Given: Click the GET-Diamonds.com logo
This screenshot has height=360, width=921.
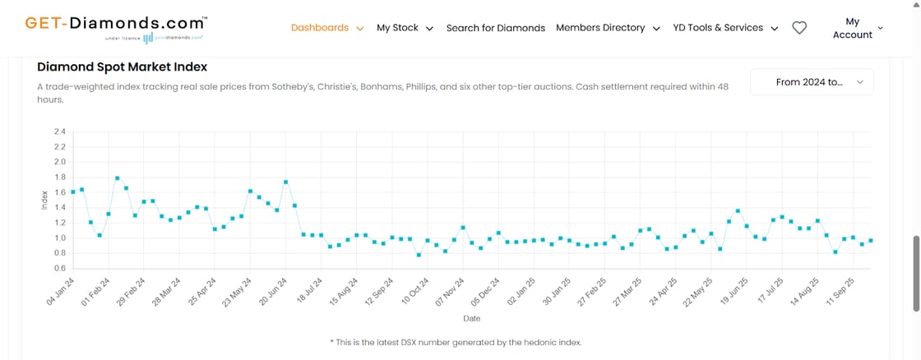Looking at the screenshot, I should click(x=116, y=27).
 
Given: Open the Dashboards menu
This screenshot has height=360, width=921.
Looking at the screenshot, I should click(x=326, y=28).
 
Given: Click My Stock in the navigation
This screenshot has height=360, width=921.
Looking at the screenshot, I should click(x=404, y=28).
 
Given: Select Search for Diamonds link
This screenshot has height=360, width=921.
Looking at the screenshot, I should click(x=495, y=28).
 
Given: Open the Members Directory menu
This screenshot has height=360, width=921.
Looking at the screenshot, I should click(x=608, y=28).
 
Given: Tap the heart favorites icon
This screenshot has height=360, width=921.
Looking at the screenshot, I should click(x=798, y=28).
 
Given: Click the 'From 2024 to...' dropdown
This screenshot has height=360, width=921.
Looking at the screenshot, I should click(x=811, y=82).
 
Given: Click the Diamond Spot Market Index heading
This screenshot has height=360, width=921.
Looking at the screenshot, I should click(x=123, y=67).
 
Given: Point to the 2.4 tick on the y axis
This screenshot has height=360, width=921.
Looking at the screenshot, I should click(x=59, y=132).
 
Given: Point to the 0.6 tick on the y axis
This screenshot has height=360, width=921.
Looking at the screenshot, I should click(x=59, y=268).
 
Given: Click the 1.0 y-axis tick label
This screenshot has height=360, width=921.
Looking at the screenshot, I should click(x=59, y=238).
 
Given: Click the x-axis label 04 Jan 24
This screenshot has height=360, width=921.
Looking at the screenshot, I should click(x=61, y=290).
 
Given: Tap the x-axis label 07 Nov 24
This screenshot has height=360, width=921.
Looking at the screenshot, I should click(x=450, y=290).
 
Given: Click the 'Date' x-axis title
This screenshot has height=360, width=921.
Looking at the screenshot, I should click(x=472, y=318).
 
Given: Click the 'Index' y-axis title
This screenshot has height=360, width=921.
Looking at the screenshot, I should click(x=44, y=200).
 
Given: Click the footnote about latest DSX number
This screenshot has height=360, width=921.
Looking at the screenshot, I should click(x=456, y=342).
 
